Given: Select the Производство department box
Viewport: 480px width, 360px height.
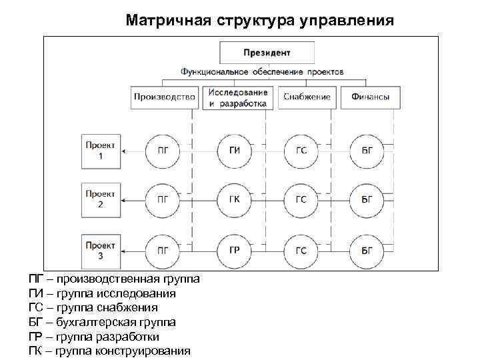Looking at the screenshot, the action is pyautogui.click(x=165, y=97).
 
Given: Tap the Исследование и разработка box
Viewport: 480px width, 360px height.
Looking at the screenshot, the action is pyautogui.click(x=237, y=97).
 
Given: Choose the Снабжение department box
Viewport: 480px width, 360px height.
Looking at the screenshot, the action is pyautogui.click(x=306, y=97).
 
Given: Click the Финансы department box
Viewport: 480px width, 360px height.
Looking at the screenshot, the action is pyautogui.click(x=366, y=97).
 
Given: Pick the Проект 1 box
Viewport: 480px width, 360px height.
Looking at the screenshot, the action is pyautogui.click(x=101, y=151).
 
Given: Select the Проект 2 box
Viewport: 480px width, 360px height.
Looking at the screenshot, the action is pyautogui.click(x=101, y=199).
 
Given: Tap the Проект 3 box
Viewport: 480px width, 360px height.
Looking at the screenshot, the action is pyautogui.click(x=101, y=250).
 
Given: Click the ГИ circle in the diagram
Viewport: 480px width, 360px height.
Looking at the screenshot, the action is pyautogui.click(x=234, y=151).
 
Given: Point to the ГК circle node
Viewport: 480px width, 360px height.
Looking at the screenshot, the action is pyautogui.click(x=234, y=199).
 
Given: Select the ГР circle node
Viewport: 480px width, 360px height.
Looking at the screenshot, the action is pyautogui.click(x=234, y=251).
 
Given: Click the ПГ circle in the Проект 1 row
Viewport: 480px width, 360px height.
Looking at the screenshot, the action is pyautogui.click(x=163, y=151).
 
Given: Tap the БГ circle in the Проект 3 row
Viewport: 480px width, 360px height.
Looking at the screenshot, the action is pyautogui.click(x=367, y=251).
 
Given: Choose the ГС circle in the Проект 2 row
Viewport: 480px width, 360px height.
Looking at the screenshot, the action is pyautogui.click(x=301, y=199).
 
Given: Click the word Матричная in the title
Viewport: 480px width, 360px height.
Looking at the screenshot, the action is pyautogui.click(x=168, y=21).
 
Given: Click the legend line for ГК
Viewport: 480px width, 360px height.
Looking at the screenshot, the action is pyautogui.click(x=110, y=351).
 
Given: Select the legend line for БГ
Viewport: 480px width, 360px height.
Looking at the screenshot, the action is pyautogui.click(x=103, y=322).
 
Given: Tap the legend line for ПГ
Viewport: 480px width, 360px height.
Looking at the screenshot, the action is pyautogui.click(x=114, y=279).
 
